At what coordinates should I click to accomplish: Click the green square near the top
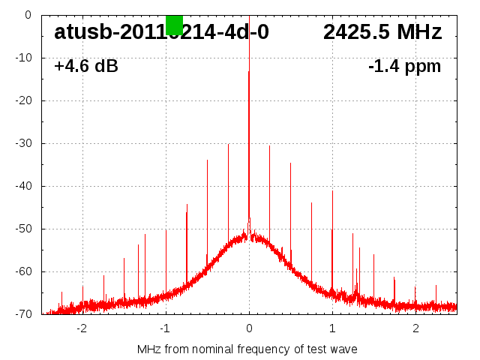coord(174,25)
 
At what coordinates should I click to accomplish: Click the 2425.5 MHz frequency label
coord(382,32)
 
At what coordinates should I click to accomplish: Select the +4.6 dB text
coord(85,67)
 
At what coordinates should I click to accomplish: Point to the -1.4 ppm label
coord(404,67)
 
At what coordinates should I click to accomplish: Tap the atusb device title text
coord(161,32)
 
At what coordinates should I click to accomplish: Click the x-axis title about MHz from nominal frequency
coord(247,349)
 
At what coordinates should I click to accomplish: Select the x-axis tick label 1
coord(332,328)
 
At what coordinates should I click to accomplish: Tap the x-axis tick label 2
coord(415,328)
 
